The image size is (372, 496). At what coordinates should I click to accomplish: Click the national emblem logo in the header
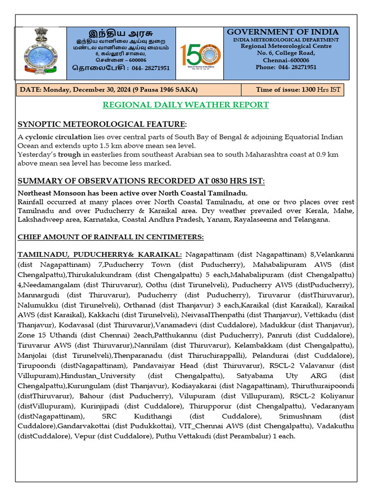coord(41,53)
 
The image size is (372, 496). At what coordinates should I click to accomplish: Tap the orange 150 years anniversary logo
coord(201,54)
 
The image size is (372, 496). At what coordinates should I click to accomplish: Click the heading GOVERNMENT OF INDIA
coord(283,32)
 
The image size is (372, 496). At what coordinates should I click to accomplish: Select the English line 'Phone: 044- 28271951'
coord(286,67)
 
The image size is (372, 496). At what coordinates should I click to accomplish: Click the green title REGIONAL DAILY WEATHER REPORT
coord(186,105)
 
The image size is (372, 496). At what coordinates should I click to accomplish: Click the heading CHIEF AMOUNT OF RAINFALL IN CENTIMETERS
coord(111,237)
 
